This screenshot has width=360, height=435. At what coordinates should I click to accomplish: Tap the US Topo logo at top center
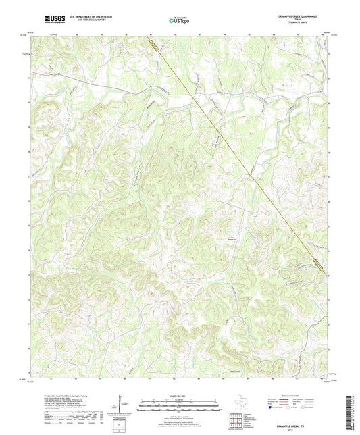tap(178, 20)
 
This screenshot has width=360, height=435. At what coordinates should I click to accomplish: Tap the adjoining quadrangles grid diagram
tap(236, 421)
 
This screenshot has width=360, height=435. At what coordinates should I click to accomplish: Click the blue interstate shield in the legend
tap(271, 408)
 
